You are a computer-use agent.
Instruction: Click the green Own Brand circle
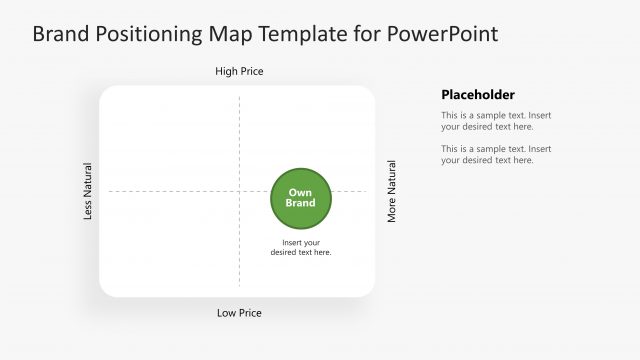pos(301,197)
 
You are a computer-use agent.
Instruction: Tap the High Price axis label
pos(239,72)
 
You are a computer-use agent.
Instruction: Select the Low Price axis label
pos(239,313)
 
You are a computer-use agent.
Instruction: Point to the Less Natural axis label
pos(88,191)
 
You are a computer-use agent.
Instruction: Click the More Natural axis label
pos(391,191)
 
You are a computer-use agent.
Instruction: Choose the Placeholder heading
pos(478,95)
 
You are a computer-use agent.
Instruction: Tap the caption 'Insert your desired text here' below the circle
pos(301,247)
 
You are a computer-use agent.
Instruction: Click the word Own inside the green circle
pos(300,192)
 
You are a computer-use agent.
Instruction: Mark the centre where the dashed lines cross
pos(239,191)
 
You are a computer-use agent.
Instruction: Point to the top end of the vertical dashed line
pos(239,98)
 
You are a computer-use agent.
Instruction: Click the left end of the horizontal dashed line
pos(110,191)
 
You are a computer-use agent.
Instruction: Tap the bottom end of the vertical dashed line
pos(239,284)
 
